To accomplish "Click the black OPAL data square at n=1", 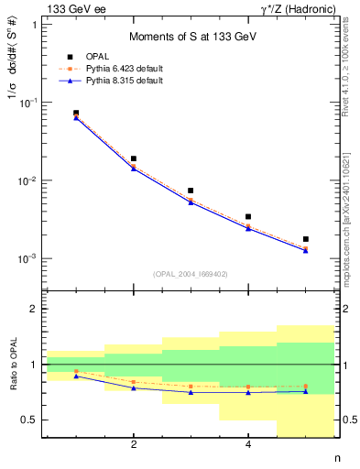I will click(76, 113).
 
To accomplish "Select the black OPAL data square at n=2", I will click(134, 158).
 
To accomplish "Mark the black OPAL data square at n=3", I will click(191, 191).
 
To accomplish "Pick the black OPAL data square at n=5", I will click(306, 239).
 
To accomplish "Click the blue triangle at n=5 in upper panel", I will click(306, 250).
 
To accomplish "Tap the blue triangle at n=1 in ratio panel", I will click(76, 376).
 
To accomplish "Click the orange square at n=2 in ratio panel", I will click(134, 382).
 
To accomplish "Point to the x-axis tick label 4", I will click(248, 445).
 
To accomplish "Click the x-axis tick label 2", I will click(134, 445).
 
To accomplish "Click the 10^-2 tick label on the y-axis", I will click(27, 180).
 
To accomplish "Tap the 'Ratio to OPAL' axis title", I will click(13, 365).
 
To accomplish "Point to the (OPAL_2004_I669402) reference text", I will click(191, 274).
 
